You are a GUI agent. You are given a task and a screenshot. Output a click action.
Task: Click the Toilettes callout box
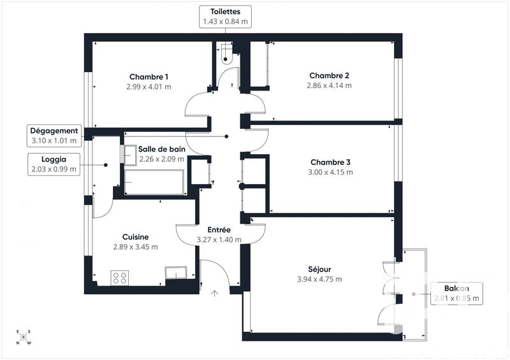pyautogui.click(x=225, y=17)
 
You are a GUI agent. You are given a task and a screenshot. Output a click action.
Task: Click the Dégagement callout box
pyautogui.click(x=54, y=134)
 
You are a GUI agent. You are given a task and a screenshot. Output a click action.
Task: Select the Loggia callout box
pyautogui.click(x=54, y=164)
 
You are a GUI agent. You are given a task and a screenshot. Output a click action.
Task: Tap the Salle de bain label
pyautogui.click(x=162, y=149)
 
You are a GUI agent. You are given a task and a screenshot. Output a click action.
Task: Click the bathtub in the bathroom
pyautogui.click(x=155, y=182)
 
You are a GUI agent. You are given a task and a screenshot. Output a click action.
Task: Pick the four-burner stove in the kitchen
pyautogui.click(x=120, y=277)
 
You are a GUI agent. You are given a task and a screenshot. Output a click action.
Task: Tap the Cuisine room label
pyautogui.click(x=135, y=237)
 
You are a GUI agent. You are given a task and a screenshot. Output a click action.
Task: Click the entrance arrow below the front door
pyautogui.click(x=215, y=294)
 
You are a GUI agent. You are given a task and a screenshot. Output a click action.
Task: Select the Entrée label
pyautogui.click(x=219, y=230)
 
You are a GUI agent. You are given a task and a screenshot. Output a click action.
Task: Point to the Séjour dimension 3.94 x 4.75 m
pyautogui.click(x=319, y=279)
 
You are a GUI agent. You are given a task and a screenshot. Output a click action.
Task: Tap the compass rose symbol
pyautogui.click(x=23, y=337)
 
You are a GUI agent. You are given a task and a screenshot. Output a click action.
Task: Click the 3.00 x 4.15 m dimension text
pyautogui.click(x=331, y=172)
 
